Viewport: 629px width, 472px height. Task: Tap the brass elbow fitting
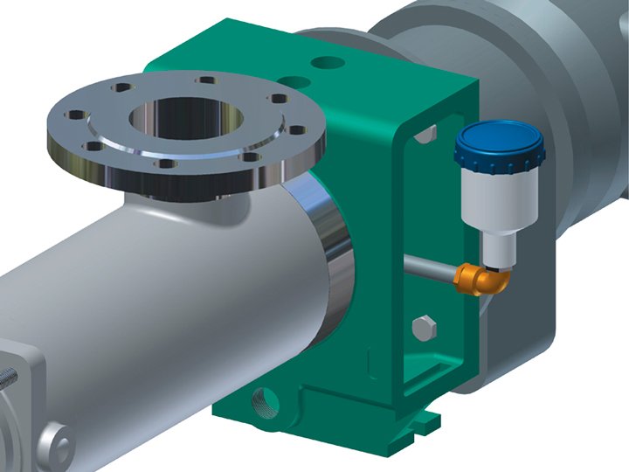tap(475, 278)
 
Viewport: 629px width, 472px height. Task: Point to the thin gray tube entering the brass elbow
tap(429, 267)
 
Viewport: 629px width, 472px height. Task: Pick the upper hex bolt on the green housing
tap(425, 133)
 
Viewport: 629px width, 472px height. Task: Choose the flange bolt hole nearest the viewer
tap(162, 162)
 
